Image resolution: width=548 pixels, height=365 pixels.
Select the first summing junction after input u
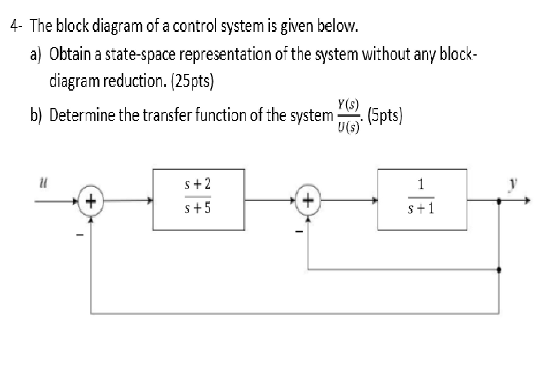92,202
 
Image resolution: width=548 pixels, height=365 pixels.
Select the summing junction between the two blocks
309,202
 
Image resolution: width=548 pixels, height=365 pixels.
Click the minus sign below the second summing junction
300,231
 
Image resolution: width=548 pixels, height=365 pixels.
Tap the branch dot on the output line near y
499,202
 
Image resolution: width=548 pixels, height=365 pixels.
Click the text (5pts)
384,115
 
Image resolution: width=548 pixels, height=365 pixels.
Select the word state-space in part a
133,55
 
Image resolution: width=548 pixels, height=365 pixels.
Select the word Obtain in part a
67,55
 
